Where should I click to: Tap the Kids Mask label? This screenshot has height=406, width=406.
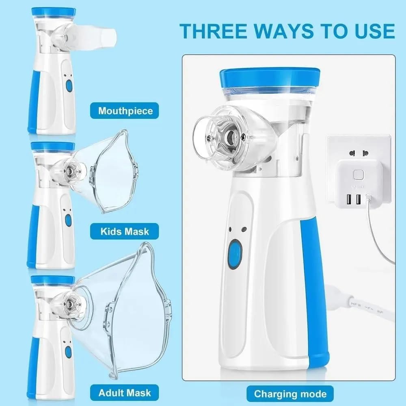click(125, 231)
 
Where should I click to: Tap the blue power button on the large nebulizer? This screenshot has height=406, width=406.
click(235, 254)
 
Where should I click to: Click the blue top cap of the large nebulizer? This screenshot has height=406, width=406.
click(270, 78)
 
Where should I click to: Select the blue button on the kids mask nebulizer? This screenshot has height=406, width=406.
click(68, 220)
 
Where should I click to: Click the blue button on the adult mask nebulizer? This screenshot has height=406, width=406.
click(68, 352)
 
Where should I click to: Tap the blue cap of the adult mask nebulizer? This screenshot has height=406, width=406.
click(52, 280)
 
